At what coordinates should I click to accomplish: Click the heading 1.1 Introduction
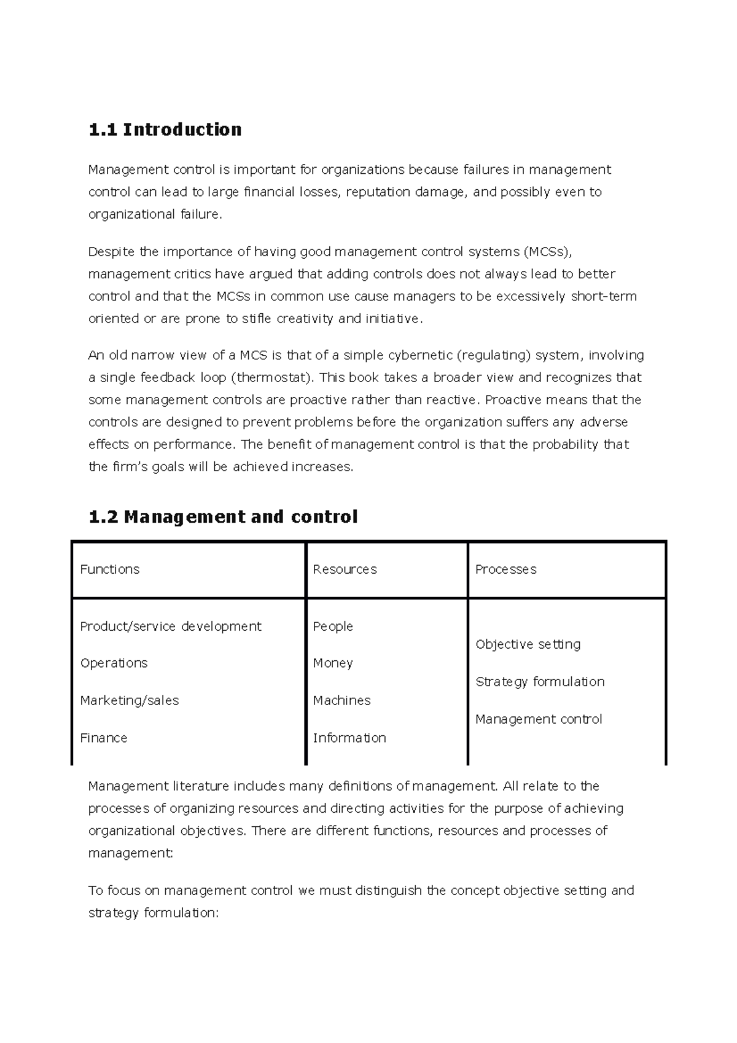click(165, 130)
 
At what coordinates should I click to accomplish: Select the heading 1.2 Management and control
click(223, 517)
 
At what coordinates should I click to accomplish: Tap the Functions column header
click(109, 569)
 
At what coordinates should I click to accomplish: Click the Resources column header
click(345, 569)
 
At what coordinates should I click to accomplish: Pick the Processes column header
click(505, 569)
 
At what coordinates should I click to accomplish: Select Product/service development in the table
click(170, 626)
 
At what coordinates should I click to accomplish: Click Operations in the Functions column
click(114, 663)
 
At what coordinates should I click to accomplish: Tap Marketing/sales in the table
click(129, 700)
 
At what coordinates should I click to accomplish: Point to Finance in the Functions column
click(103, 738)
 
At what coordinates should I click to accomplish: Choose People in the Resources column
click(333, 626)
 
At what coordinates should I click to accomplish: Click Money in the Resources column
click(332, 663)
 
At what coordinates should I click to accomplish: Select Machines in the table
click(341, 700)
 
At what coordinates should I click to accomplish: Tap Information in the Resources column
click(349, 738)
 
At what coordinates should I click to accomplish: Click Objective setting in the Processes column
click(528, 644)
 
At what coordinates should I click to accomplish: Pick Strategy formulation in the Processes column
click(540, 682)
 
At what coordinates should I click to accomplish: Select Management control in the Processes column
click(539, 719)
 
